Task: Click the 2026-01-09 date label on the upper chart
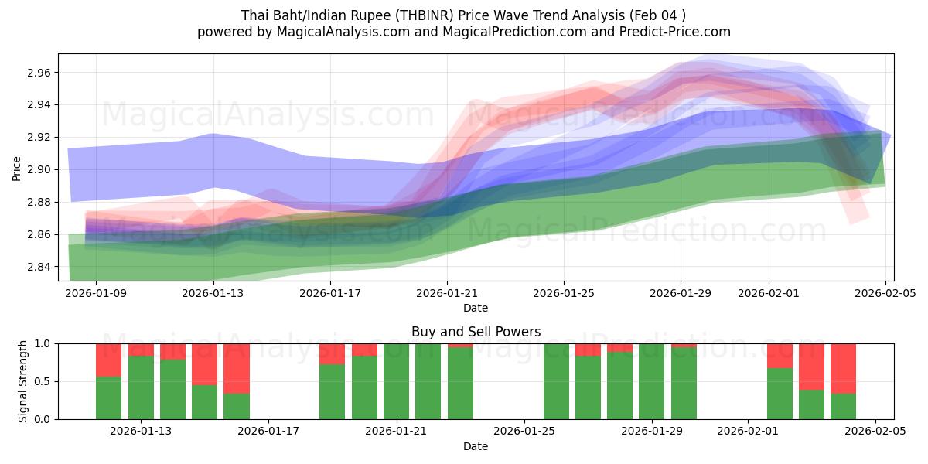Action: pos(96,293)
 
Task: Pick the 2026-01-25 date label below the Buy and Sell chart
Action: pos(524,432)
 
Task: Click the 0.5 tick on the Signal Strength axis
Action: pos(43,381)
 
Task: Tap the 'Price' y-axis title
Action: pos(16,168)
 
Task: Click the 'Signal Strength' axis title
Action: pos(23,381)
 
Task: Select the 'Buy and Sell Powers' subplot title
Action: pos(476,332)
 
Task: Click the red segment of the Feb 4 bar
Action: pos(843,368)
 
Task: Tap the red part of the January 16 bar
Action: pos(237,368)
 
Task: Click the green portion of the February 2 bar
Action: pos(780,394)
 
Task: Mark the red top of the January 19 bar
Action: pos(332,353)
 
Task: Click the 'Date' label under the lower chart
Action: pos(476,446)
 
